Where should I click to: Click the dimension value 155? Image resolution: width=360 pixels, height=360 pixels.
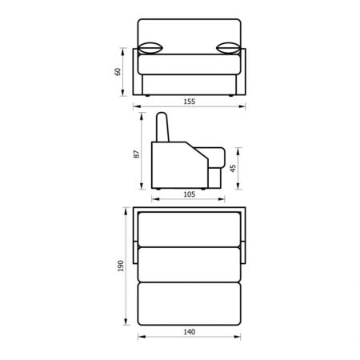[x=190, y=102]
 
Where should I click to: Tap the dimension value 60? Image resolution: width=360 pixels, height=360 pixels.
[x=118, y=72]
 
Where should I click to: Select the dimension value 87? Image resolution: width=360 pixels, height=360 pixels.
[x=137, y=154]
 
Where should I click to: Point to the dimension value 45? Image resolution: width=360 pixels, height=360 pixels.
[x=233, y=168]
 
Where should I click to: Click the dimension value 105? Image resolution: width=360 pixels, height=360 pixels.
[x=190, y=194]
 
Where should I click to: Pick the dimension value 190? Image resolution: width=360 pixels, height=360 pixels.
[x=121, y=266]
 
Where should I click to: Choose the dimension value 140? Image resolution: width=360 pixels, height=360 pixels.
[x=190, y=332]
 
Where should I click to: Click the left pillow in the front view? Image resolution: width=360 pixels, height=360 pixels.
[x=150, y=48]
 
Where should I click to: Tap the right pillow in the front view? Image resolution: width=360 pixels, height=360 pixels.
[x=228, y=48]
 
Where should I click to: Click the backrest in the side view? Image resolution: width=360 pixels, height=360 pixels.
[x=162, y=127]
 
